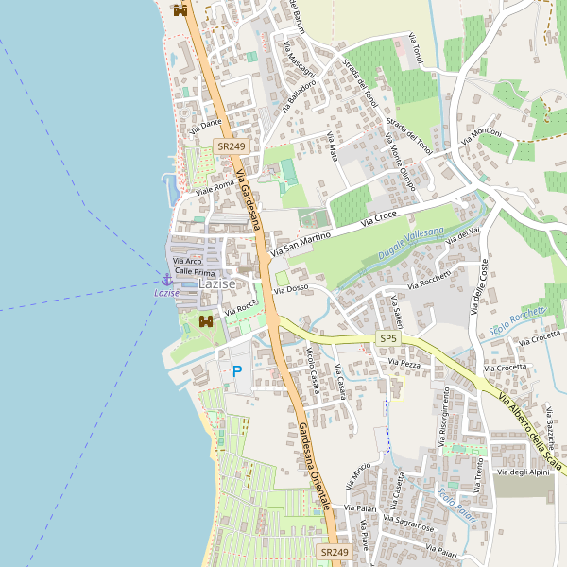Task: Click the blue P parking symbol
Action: (x=237, y=372)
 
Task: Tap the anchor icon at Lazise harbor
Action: (x=166, y=280)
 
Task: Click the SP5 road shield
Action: (x=388, y=337)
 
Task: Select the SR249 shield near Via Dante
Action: (x=231, y=146)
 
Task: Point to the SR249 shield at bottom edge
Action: (x=335, y=552)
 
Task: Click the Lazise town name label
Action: (x=216, y=283)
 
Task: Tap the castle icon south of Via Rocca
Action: (x=205, y=320)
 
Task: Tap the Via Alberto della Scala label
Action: (x=532, y=436)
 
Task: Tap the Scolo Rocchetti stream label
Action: (x=518, y=320)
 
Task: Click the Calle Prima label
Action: (x=196, y=271)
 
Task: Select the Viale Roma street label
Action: (x=215, y=187)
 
